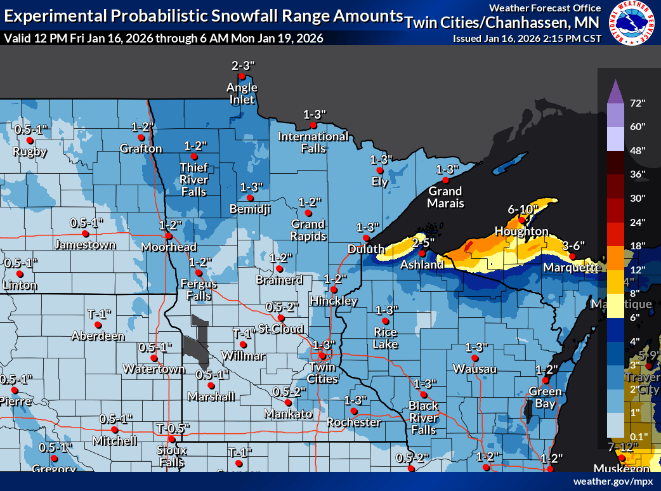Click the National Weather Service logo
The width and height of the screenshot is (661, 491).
(631, 23)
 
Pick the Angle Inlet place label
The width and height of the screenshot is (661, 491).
(243, 93)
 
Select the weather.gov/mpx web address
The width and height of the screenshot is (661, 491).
(613, 481)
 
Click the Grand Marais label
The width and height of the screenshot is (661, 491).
(445, 197)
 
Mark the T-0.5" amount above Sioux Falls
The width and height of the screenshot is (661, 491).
(172, 428)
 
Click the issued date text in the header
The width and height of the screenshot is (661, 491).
(527, 38)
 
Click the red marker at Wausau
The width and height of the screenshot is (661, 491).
(474, 358)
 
